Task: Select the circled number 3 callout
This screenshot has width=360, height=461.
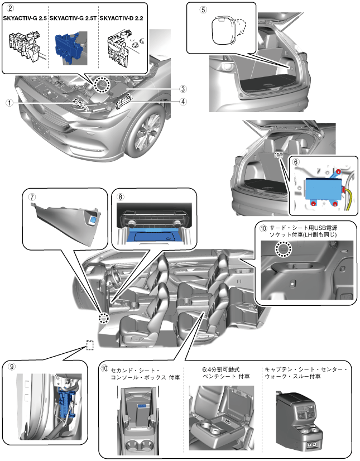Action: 183,89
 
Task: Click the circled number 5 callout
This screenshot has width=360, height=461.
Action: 203,10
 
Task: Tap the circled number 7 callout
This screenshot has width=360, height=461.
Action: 32,196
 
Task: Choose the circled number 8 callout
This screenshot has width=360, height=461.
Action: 121,196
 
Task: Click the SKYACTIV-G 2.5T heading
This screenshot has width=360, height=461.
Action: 72,19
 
